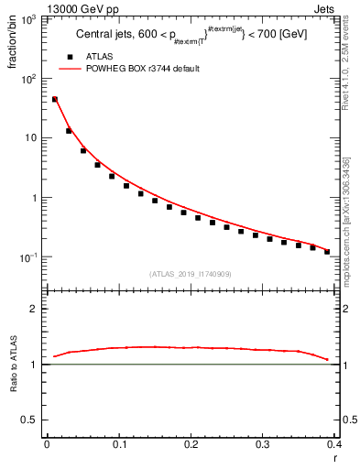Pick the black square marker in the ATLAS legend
69,57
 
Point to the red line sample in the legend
69,69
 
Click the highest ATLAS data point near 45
54,99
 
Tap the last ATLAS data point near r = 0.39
327,251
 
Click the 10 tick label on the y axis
31,137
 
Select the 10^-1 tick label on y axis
27,257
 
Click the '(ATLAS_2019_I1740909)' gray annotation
191,273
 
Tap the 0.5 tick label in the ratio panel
31,420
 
